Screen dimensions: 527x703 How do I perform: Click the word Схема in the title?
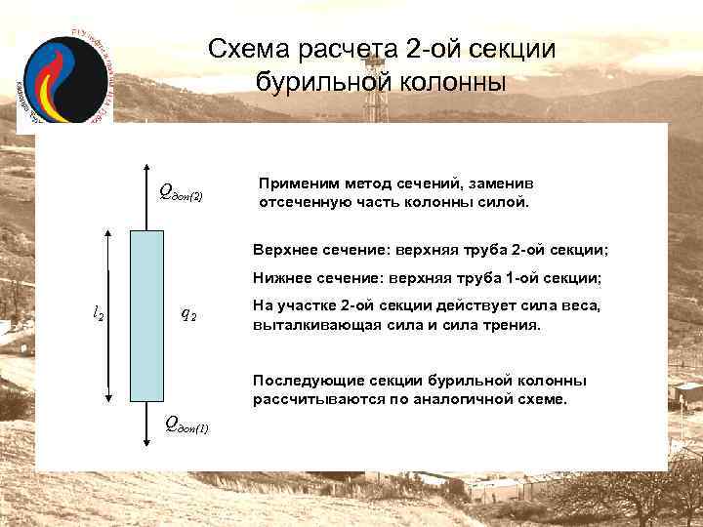[x=248, y=50]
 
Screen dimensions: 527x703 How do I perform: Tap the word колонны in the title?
[x=448, y=82]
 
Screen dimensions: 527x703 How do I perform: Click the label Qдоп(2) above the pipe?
[x=182, y=192]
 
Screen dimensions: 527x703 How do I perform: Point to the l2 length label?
[x=99, y=314]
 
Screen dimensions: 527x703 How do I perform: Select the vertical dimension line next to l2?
[x=109, y=315]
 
